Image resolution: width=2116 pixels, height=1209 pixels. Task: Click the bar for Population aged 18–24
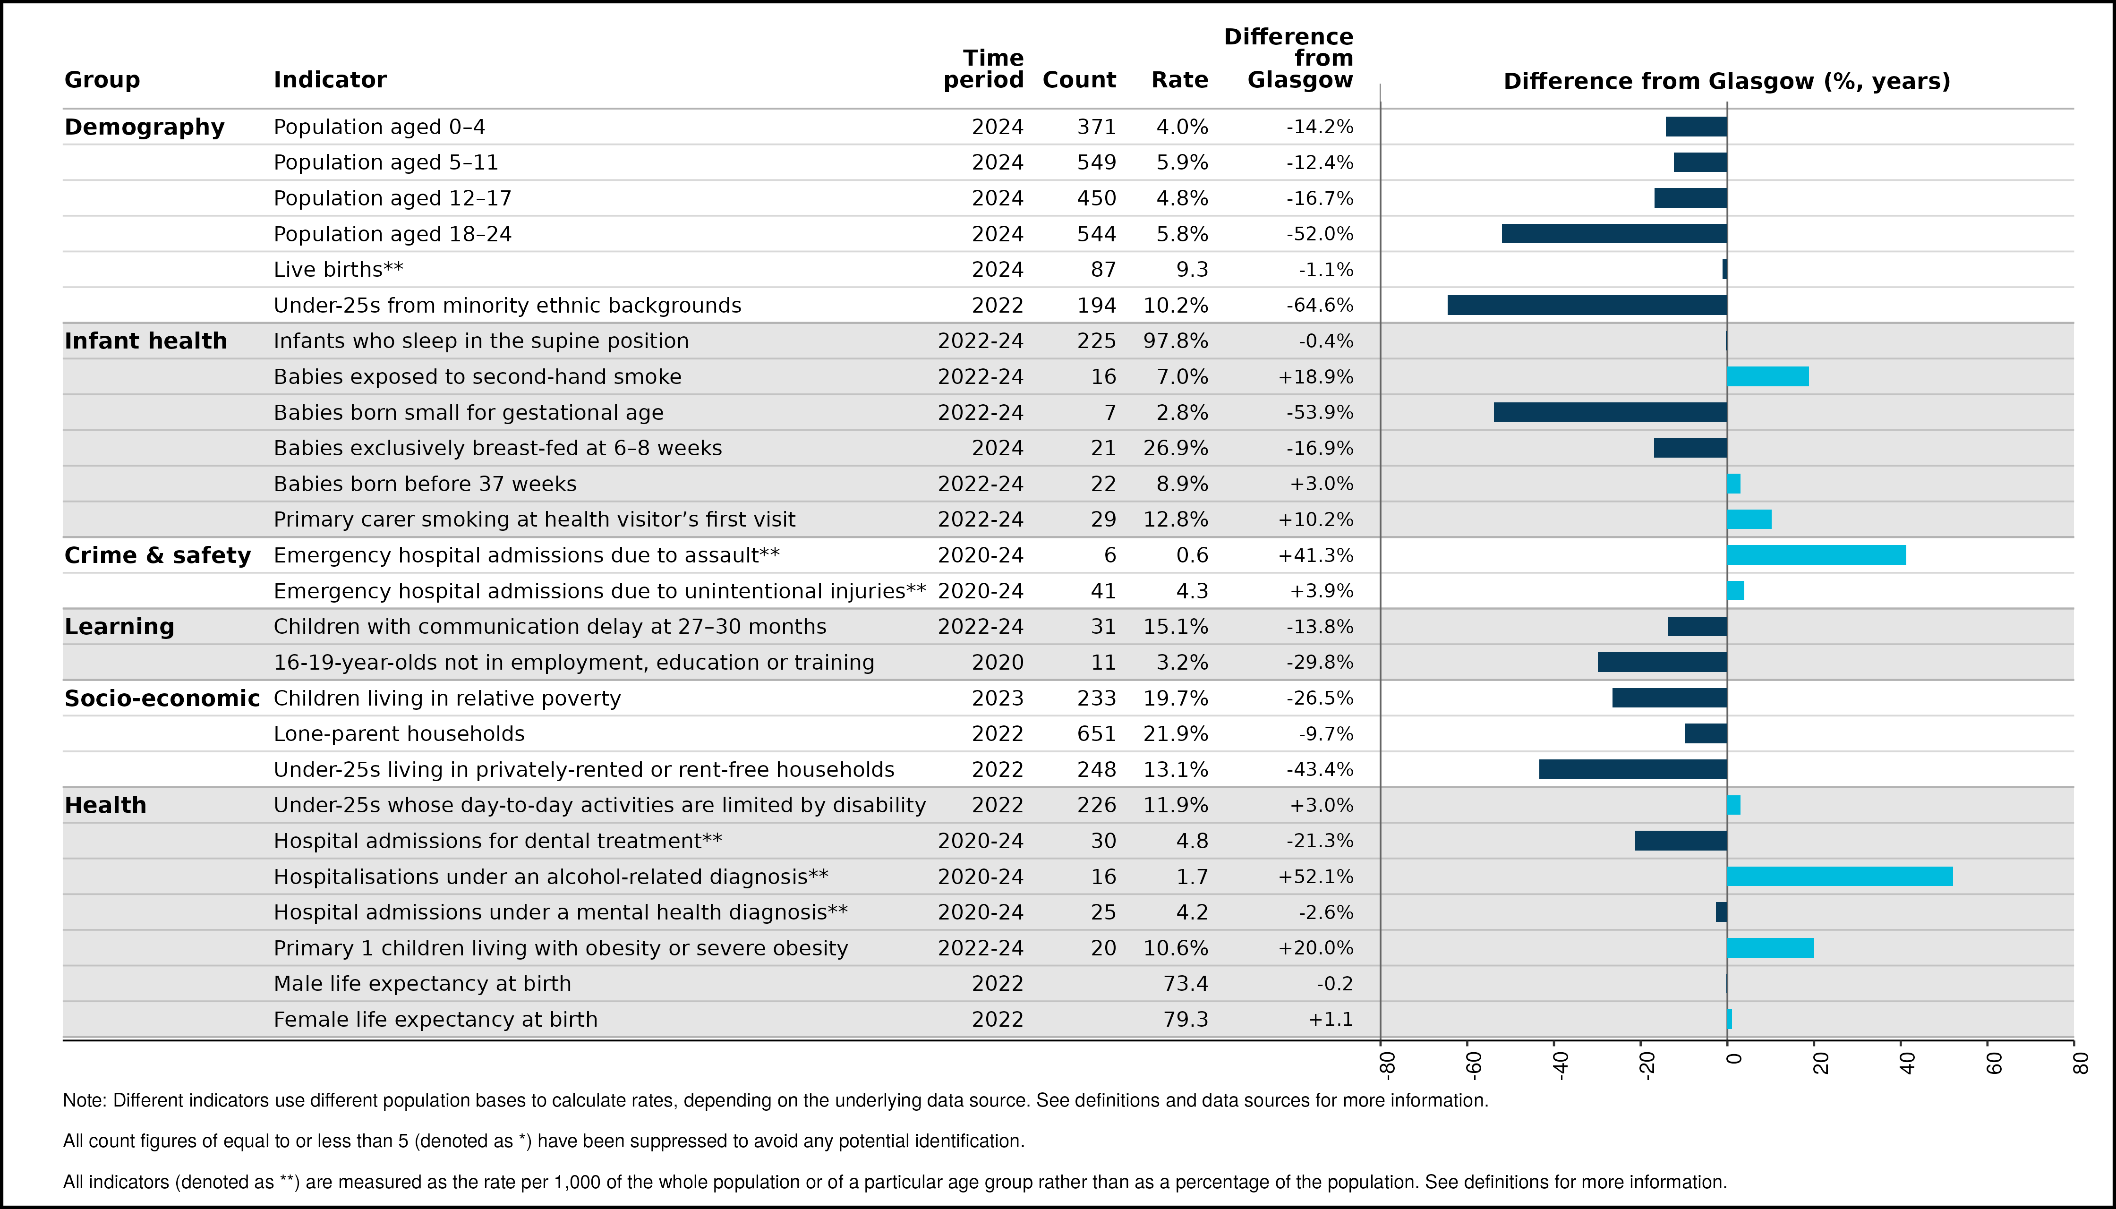pos(1614,233)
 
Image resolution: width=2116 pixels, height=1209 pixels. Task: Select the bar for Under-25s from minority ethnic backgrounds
pos(1587,305)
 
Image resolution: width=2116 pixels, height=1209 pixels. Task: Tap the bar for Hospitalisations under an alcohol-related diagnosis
pos(1840,876)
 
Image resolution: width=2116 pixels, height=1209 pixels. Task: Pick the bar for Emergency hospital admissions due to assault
pos(1817,555)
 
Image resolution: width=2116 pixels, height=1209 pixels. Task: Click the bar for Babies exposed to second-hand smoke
pos(1768,376)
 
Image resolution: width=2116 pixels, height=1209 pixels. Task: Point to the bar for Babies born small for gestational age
pos(1610,412)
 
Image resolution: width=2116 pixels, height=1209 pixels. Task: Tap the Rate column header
pos(1179,80)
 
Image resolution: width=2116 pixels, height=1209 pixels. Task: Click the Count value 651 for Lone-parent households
pos(1096,734)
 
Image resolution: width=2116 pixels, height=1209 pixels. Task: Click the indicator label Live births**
pos(338,270)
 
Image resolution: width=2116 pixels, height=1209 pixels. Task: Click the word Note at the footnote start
pos(84,1100)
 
